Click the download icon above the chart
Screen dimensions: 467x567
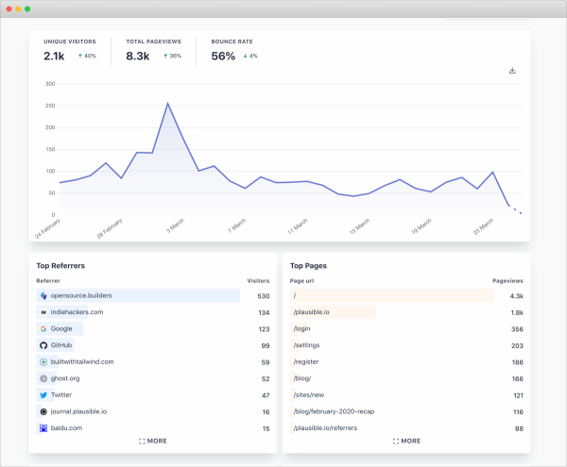(512, 71)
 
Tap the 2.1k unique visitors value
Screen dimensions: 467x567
(54, 57)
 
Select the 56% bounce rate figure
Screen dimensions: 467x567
(223, 57)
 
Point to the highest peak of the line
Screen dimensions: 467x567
(167, 103)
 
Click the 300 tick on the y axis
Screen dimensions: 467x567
(51, 84)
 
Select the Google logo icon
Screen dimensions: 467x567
(43, 328)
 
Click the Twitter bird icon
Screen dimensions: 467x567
(43, 395)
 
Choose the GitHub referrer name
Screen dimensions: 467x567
(62, 345)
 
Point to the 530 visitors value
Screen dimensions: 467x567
(263, 295)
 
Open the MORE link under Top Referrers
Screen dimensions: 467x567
(152, 441)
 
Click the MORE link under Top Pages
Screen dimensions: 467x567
(406, 441)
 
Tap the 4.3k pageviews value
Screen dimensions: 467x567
(516, 295)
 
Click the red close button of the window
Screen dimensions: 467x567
(8, 8)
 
